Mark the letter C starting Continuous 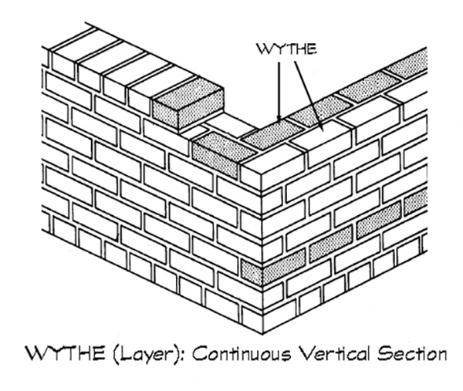coord(198,355)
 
